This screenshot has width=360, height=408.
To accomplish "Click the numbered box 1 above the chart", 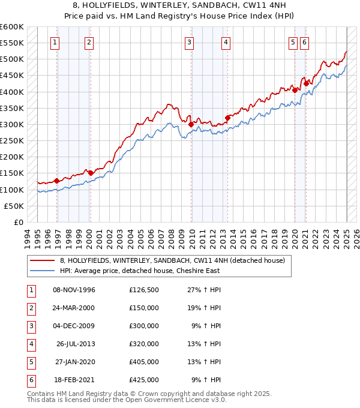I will [55, 42].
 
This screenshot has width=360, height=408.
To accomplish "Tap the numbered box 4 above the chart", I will [226, 42].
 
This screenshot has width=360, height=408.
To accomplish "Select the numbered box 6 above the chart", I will [304, 42].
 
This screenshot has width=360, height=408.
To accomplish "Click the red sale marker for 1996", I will [56, 181].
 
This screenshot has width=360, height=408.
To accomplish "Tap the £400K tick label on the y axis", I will [11, 92].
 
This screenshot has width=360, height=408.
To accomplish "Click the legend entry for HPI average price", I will [139, 271].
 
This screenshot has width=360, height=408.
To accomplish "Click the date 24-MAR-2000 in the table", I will [74, 308].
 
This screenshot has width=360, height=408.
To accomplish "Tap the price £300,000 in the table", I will [143, 326].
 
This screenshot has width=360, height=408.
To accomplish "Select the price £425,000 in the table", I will [143, 380].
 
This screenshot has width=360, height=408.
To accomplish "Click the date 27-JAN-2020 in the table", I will [74, 362].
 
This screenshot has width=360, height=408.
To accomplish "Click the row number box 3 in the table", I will [30, 326].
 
